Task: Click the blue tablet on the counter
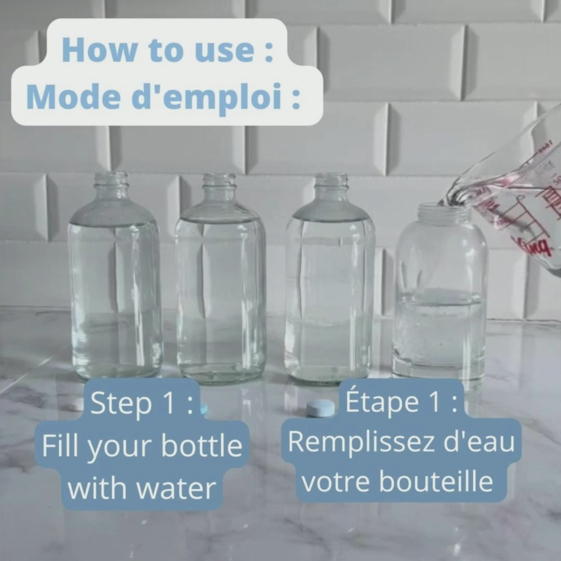point(320,408)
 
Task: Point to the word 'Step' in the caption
point(121,404)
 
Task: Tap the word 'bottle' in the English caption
point(202,446)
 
